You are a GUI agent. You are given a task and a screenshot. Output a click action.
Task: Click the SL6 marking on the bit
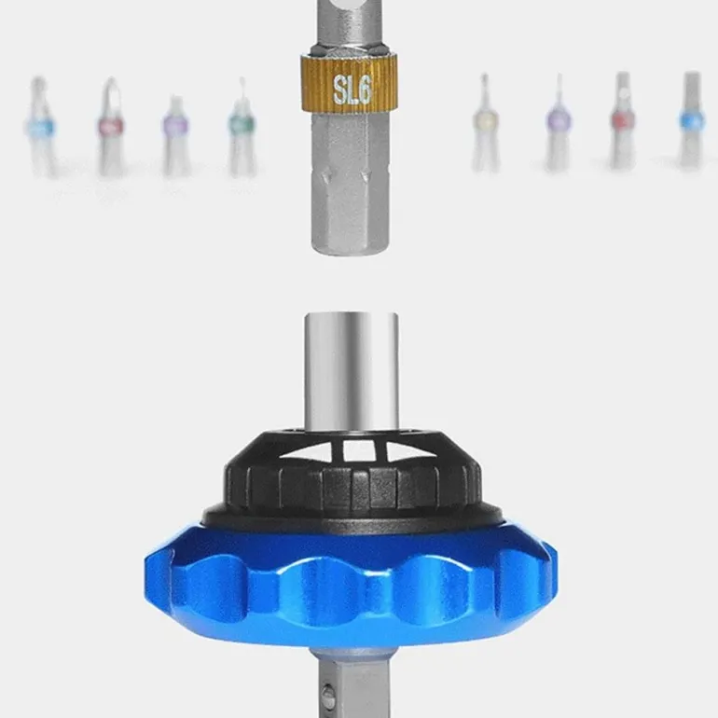click(x=352, y=90)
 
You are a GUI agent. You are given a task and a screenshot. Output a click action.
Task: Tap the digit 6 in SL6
click(x=364, y=89)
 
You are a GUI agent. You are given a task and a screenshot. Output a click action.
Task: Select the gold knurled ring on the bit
click(x=350, y=83)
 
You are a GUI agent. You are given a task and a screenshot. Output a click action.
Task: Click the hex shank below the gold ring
click(x=351, y=183)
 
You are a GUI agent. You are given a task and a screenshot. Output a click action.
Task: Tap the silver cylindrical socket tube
click(x=352, y=372)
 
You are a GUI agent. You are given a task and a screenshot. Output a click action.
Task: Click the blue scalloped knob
click(x=351, y=587)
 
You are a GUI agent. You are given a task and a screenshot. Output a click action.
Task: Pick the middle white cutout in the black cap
click(x=359, y=450)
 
